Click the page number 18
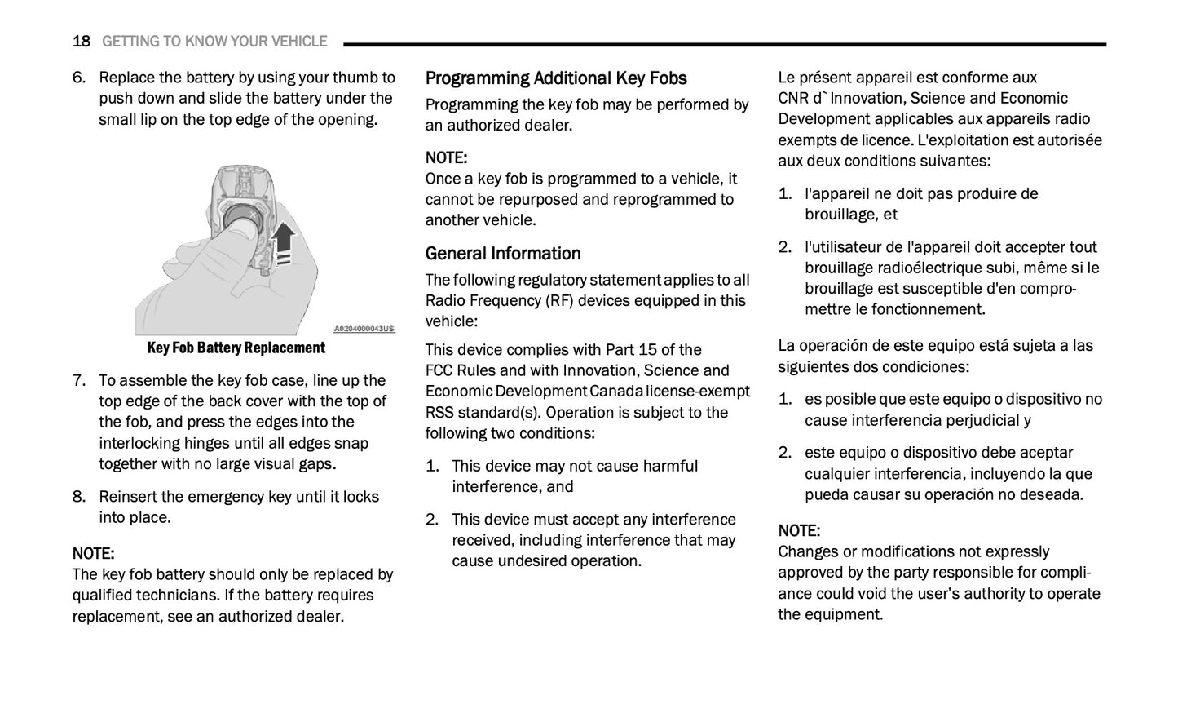(x=81, y=42)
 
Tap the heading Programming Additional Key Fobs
(x=556, y=78)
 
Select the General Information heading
(x=503, y=254)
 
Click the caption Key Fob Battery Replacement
(x=236, y=348)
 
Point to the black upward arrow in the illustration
(x=283, y=241)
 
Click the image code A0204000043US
(x=364, y=329)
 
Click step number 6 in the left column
(x=78, y=77)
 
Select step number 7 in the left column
(x=78, y=380)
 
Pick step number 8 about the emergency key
(x=78, y=497)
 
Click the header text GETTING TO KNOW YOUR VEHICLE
(x=214, y=42)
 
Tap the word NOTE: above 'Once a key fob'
(x=446, y=157)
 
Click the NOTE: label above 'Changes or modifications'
(x=799, y=531)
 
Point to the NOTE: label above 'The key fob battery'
(x=93, y=554)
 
